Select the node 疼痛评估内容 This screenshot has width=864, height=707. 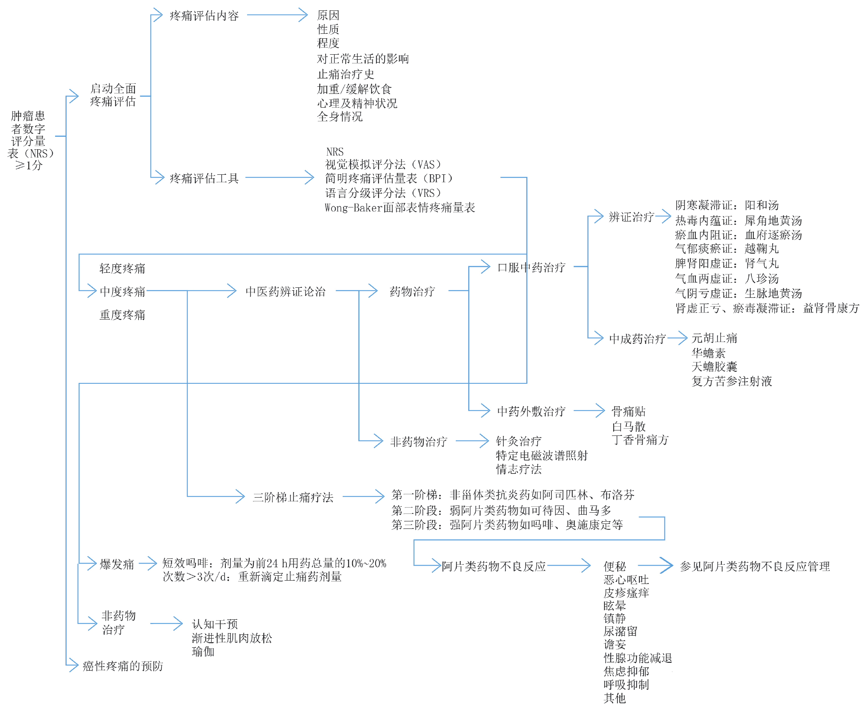coord(204,16)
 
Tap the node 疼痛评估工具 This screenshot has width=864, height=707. coord(204,179)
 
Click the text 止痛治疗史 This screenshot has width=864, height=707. coord(346,74)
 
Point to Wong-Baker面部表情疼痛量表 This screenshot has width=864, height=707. coord(400,208)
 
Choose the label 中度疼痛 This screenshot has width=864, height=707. coord(122,292)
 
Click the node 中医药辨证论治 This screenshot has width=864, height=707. coord(285,292)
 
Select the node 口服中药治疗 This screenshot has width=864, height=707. coord(531,267)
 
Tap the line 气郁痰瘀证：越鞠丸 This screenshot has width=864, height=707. coord(727,249)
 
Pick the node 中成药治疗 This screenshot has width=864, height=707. coord(637,339)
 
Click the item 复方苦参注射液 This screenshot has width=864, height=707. coord(732,381)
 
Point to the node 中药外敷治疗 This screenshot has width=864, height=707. coord(531,412)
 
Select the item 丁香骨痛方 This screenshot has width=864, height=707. coord(640,440)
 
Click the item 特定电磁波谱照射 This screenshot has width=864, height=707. coord(542,455)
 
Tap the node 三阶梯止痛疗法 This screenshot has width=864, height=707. coord(293,497)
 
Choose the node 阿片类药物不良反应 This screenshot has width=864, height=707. coord(494,566)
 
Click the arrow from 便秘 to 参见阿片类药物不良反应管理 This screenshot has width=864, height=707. coord(655,566)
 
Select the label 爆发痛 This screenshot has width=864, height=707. coord(117,564)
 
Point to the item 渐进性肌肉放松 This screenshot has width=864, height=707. coord(232,638)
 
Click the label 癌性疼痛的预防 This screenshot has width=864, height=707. coord(123,666)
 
